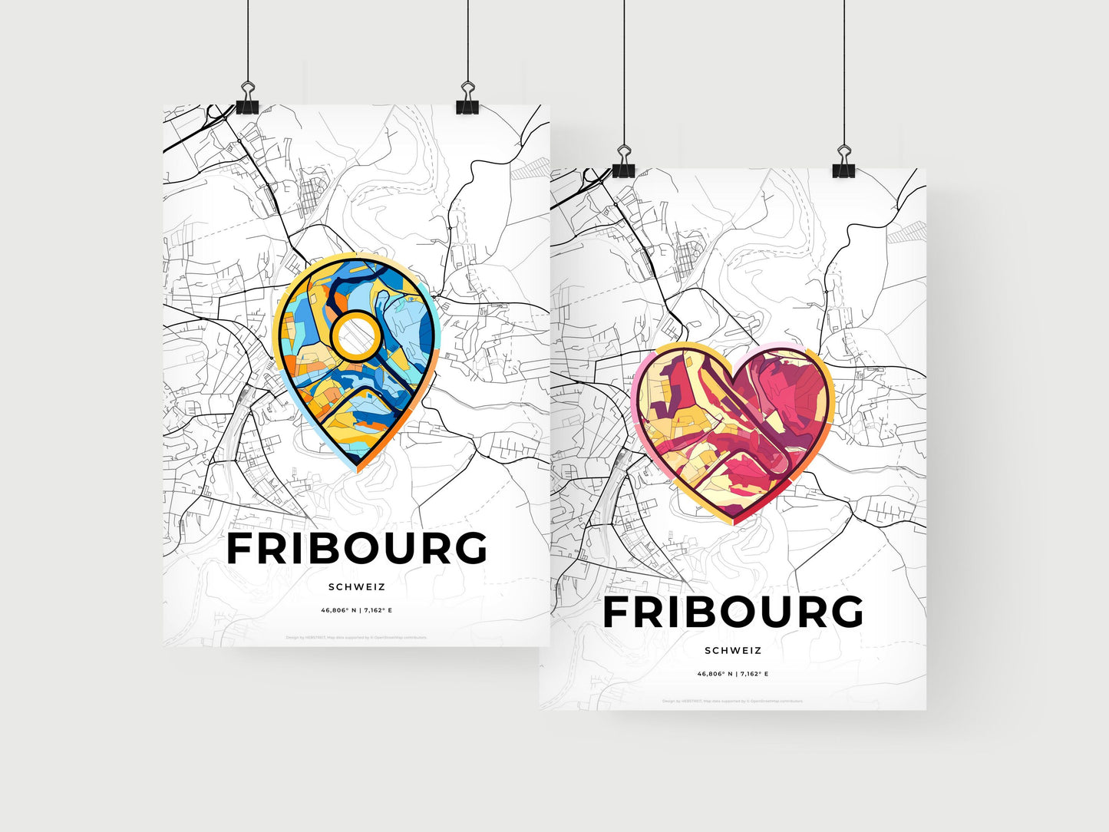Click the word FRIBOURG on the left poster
[x=357, y=549]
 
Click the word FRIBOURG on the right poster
[x=733, y=612]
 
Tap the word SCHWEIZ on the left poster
[x=356, y=587]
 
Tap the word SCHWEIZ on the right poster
[x=733, y=650]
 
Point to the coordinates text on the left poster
[x=356, y=610]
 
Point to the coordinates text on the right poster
[x=733, y=674]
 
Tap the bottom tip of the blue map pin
[x=358, y=465]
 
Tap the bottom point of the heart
[x=733, y=523]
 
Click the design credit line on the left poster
[x=356, y=637]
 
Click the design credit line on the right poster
[x=733, y=701]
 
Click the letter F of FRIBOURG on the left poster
[x=242, y=549]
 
